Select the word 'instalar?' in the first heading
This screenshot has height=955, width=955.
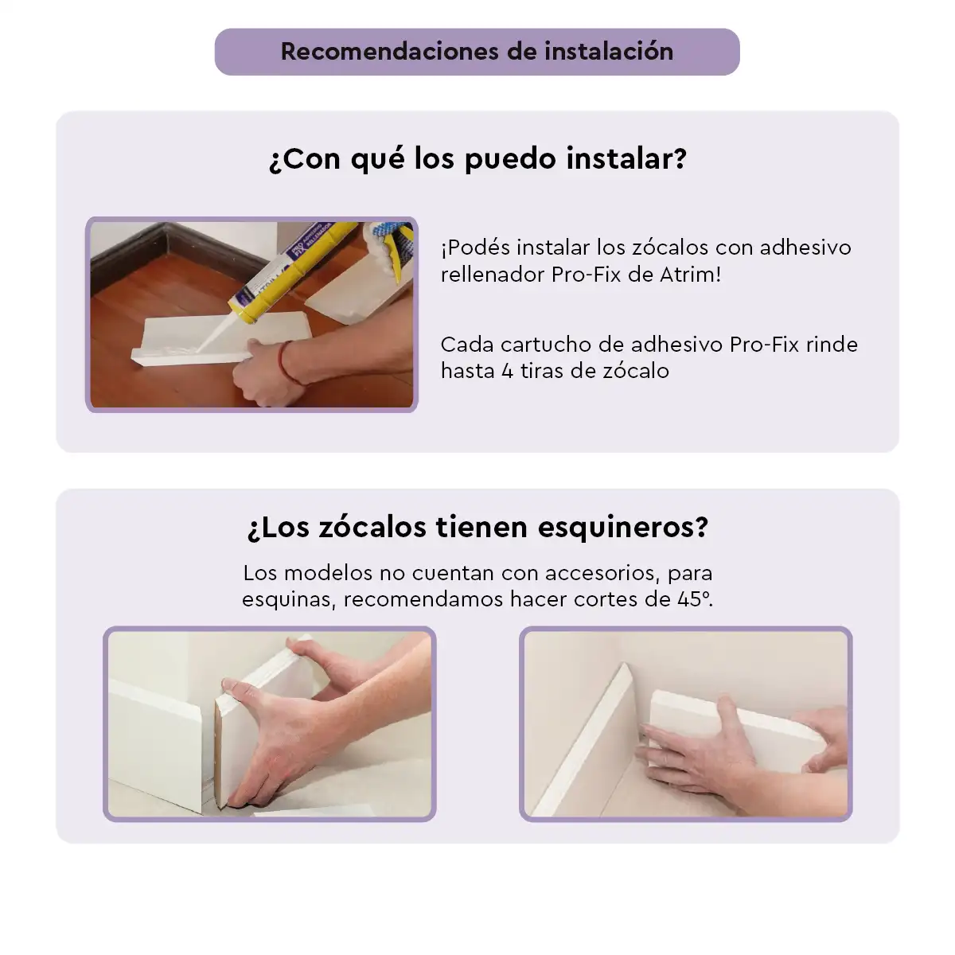coord(626,158)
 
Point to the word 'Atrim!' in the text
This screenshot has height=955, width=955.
coord(690,274)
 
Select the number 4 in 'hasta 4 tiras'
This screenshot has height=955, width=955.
coord(507,371)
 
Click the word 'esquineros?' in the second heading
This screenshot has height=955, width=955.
coord(623,528)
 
